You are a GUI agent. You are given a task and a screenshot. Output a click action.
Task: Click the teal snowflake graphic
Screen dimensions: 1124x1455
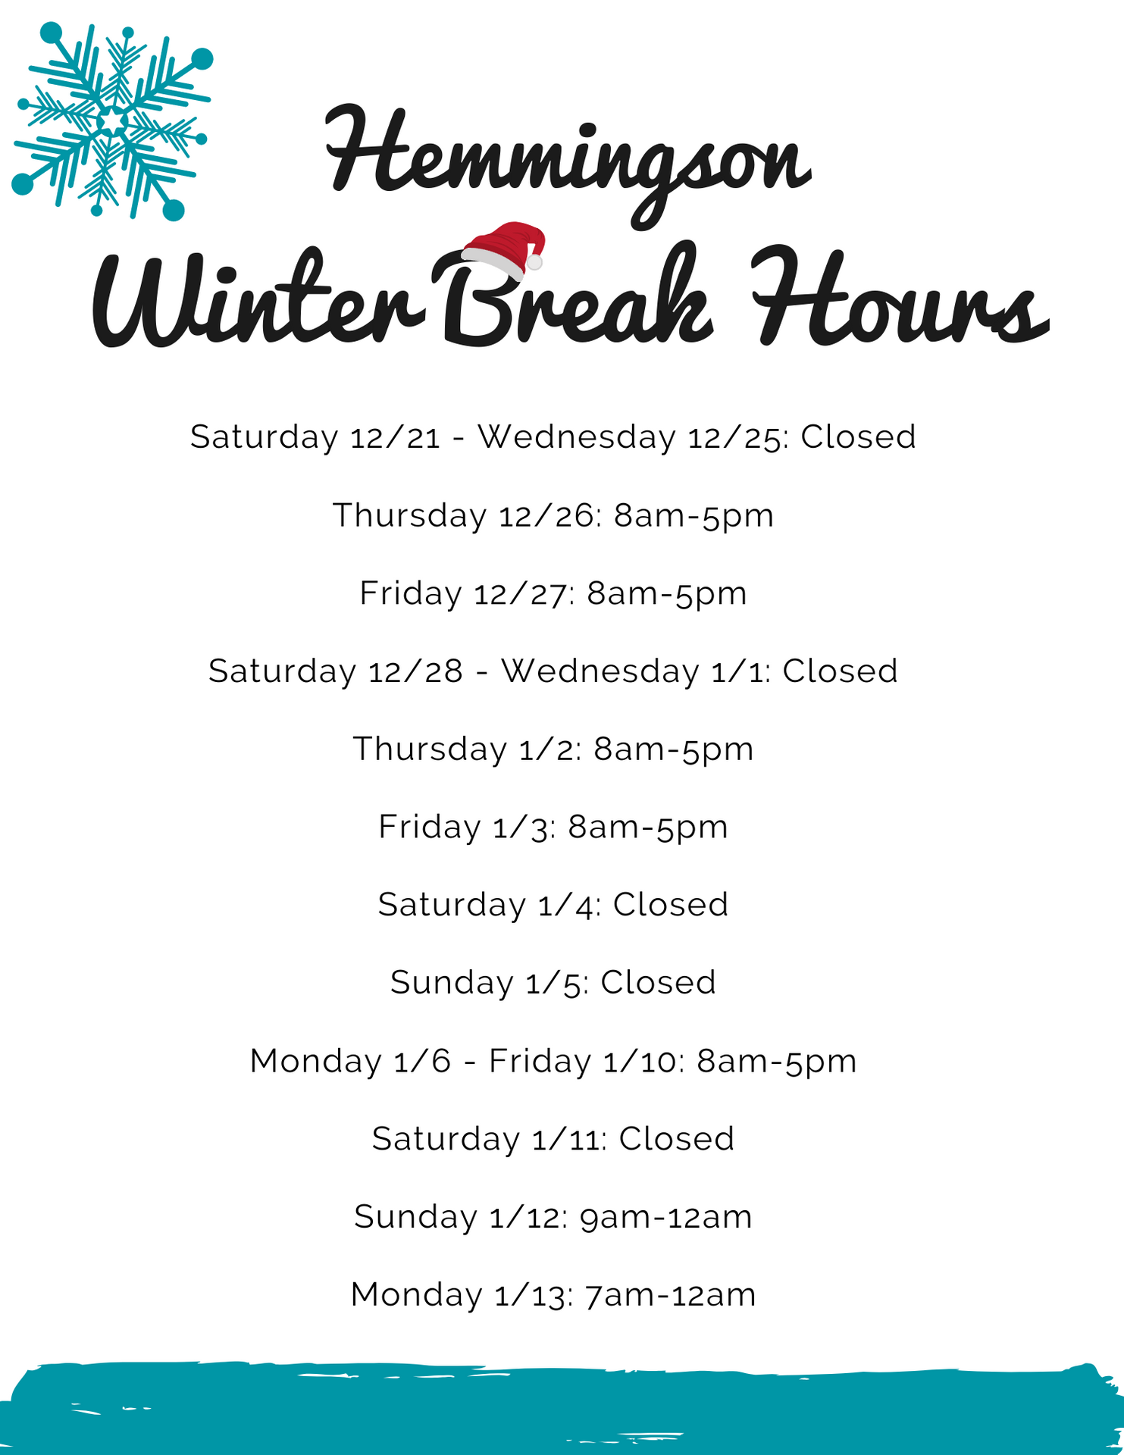112,121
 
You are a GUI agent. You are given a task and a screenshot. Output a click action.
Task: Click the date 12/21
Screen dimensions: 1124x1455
395,437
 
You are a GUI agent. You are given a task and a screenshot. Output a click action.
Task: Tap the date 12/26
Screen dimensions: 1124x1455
548,515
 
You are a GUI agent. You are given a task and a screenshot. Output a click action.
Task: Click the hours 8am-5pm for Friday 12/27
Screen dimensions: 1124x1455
667,593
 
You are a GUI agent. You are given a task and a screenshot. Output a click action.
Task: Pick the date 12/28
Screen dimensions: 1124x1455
415,671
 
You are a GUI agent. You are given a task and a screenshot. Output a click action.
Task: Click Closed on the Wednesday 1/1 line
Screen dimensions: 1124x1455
840,671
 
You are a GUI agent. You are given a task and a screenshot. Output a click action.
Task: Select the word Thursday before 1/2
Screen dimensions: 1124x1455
430,749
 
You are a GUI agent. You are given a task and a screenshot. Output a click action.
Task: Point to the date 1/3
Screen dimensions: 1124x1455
522,827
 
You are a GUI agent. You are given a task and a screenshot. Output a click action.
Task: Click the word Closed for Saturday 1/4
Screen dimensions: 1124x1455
671,905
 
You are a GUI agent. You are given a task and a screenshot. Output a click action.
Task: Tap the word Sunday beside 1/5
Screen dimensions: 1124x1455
452,983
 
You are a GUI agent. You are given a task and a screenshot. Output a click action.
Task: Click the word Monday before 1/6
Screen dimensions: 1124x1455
315,1061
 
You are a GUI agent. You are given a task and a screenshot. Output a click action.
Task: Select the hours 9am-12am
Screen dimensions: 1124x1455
666,1217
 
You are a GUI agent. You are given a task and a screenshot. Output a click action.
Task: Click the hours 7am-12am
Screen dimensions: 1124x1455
671,1294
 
